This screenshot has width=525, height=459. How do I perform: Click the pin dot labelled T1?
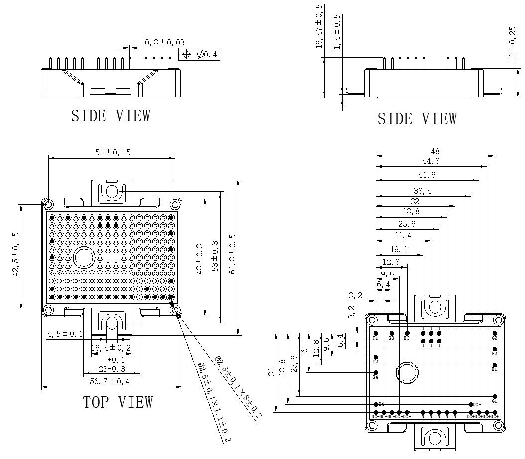376,333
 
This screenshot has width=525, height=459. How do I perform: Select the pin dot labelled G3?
391,333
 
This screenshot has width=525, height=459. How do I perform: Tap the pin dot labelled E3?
407,333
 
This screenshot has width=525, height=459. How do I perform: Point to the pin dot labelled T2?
376,357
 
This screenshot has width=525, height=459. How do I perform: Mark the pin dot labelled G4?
376,372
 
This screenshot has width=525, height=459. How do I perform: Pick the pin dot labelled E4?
376,404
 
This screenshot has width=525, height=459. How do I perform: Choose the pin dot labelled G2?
494,333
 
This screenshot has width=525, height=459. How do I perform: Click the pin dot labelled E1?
494,365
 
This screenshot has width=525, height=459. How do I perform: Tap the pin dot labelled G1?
494,396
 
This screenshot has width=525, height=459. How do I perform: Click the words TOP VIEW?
118,402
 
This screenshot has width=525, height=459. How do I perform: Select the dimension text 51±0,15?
112,152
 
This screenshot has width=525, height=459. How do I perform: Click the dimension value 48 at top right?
435,151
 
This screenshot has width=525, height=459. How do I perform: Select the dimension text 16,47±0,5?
319,26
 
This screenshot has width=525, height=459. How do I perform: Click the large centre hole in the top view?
84,257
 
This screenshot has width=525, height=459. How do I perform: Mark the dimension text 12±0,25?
512,44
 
